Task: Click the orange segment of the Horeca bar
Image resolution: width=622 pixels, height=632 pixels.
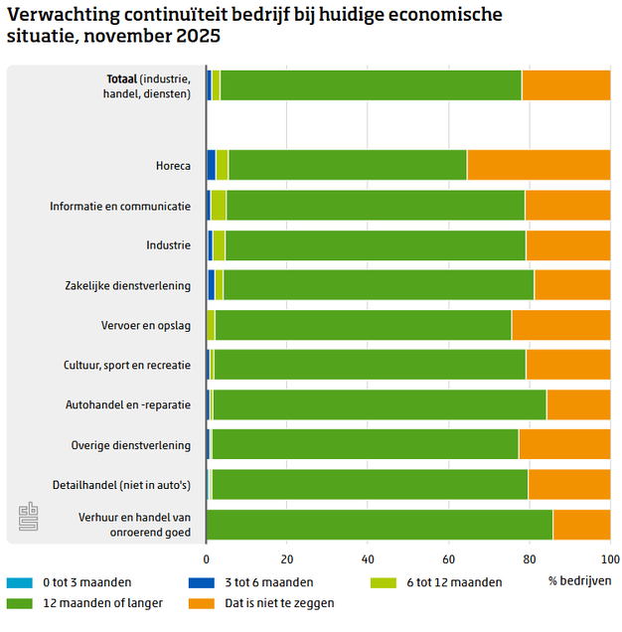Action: [539, 165]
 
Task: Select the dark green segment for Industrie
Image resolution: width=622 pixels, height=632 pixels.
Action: [376, 245]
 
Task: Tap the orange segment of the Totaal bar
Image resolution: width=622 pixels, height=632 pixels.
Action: [565, 85]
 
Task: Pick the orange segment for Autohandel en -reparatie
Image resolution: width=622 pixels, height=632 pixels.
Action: [578, 404]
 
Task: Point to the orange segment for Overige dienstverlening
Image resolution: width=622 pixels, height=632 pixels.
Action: [564, 444]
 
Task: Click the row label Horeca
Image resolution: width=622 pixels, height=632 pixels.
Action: [173, 166]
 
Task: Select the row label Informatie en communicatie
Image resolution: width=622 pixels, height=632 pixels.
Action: [120, 206]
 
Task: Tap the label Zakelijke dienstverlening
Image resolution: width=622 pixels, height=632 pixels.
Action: [127, 285]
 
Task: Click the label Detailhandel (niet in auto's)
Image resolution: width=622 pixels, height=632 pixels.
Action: [121, 485]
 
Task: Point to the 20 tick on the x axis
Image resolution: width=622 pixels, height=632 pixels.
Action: [287, 557]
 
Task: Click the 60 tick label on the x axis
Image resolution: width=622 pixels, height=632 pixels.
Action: [448, 557]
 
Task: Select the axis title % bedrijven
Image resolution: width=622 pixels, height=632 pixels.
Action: [579, 580]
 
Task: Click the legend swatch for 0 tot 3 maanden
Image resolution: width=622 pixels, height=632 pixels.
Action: [20, 582]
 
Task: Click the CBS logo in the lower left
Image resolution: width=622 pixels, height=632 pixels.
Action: [28, 518]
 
